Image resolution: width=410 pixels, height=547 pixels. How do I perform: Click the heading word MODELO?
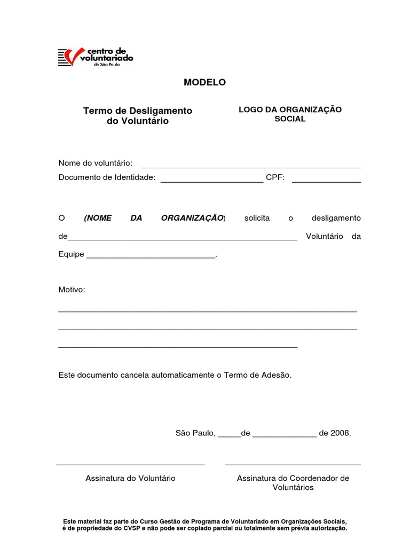point(204,82)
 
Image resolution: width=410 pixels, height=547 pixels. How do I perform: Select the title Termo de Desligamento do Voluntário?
point(138,116)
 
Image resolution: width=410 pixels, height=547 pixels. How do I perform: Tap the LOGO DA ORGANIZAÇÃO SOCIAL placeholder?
point(290,114)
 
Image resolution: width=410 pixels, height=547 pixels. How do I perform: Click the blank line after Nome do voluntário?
point(250,167)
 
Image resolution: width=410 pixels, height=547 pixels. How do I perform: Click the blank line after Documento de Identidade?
point(211,182)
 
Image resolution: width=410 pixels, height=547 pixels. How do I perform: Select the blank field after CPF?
point(326,182)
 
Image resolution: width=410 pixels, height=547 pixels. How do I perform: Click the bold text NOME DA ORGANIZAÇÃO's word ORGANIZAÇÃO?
point(192,218)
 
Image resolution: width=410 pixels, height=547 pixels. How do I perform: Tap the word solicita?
point(257,218)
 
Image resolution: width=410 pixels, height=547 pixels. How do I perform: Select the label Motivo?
point(72,290)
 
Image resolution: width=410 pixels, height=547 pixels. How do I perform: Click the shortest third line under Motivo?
point(177,347)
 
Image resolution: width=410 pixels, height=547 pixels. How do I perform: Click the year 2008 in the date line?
point(340,433)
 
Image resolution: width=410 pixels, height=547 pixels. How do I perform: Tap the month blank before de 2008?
point(284,436)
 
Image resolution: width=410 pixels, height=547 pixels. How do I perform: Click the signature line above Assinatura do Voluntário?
point(130,465)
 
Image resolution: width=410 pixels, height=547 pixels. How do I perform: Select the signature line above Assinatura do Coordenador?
point(293,465)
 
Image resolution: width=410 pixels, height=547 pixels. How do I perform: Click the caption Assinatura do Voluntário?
point(130,478)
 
